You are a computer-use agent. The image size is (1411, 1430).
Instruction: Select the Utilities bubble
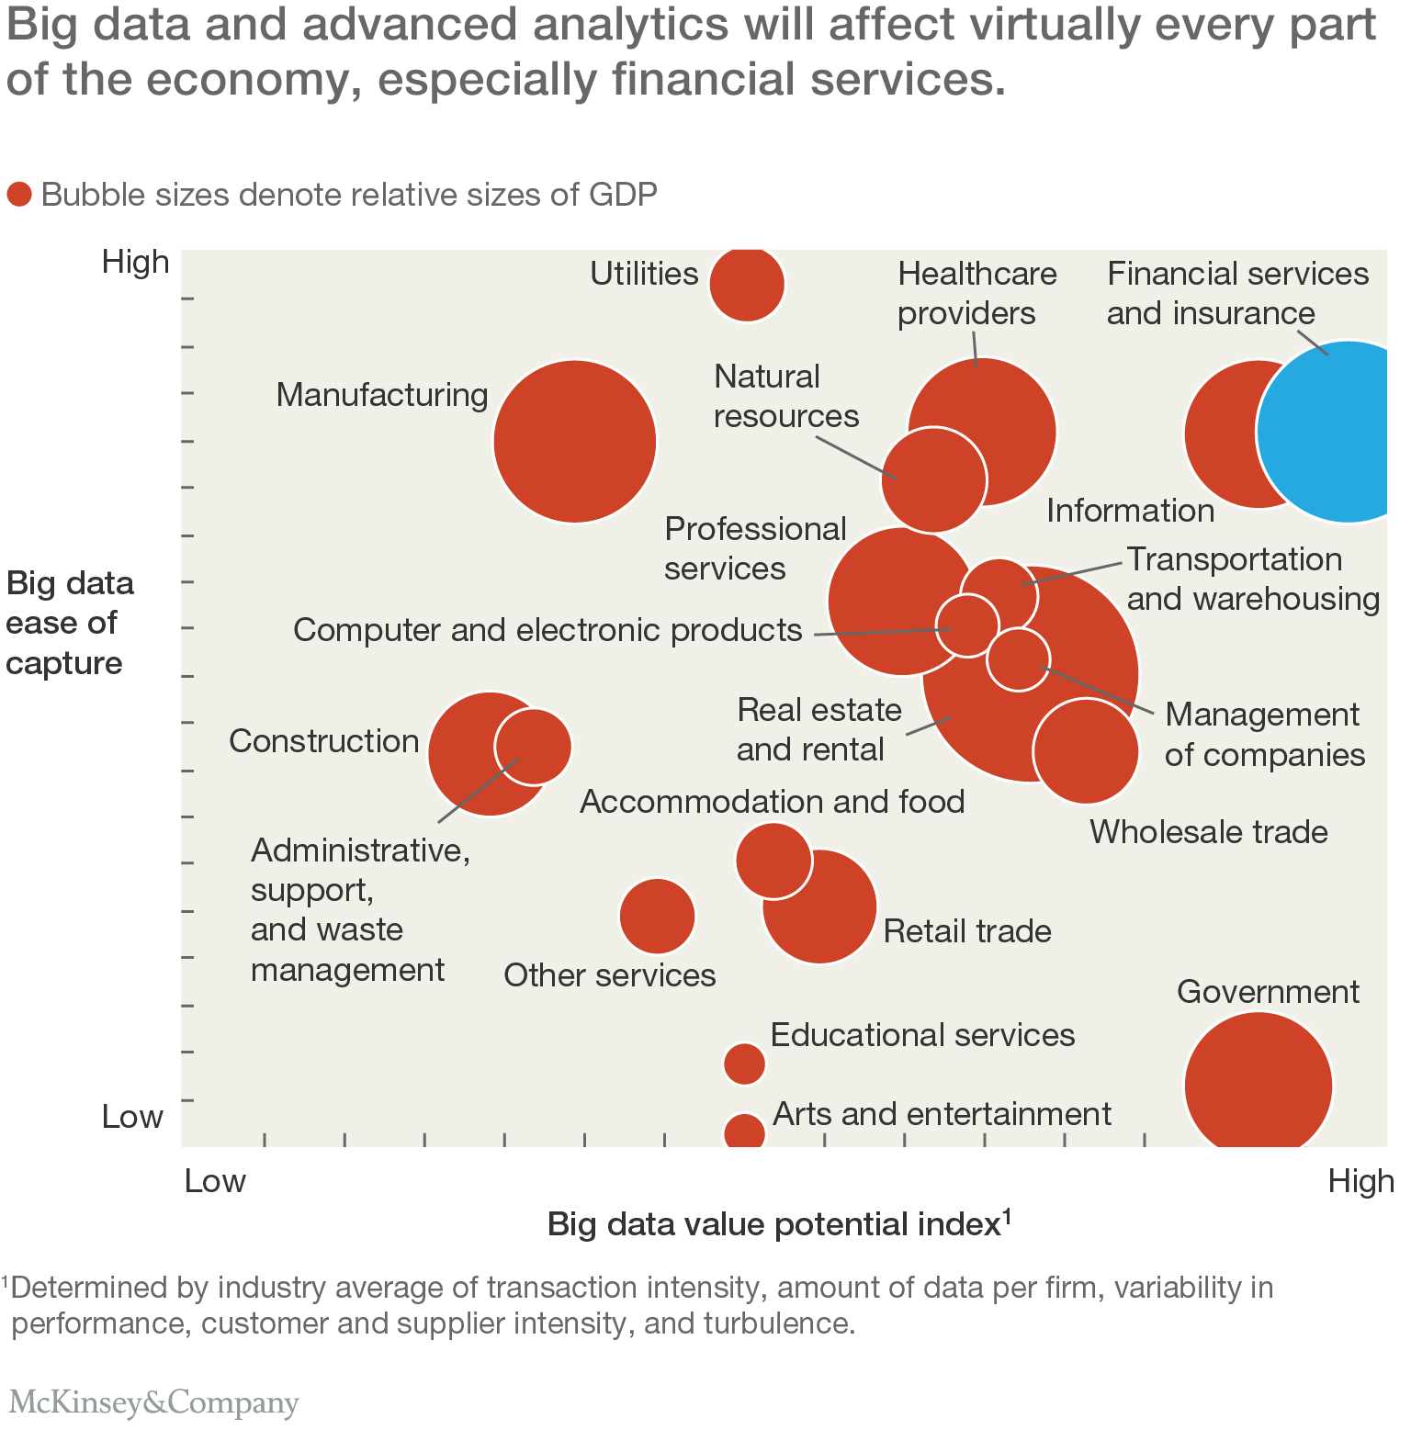tap(747, 284)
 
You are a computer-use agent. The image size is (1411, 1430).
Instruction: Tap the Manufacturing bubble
tap(575, 441)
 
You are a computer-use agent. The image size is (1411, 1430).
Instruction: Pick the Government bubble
tap(1258, 1084)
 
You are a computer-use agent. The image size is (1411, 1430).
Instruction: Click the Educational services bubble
tap(744, 1064)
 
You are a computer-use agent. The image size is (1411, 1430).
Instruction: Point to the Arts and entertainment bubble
tap(744, 1133)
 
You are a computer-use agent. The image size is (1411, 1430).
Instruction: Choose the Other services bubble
tap(657, 916)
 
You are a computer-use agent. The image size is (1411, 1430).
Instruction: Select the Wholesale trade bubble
tap(1086, 750)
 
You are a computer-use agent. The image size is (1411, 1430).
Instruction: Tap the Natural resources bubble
tap(933, 479)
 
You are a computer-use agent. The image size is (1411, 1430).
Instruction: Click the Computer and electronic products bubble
tap(967, 625)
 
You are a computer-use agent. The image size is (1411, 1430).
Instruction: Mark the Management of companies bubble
tap(1018, 659)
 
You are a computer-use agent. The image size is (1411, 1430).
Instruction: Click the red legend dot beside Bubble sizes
tap(19, 195)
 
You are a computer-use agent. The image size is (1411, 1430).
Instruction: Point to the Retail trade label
tap(967, 931)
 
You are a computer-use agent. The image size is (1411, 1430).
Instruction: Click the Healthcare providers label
tap(976, 293)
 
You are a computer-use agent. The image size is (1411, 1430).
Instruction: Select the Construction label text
tap(323, 741)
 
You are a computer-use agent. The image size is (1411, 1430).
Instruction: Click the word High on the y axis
tap(136, 263)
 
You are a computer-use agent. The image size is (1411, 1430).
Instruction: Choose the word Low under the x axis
tap(215, 1181)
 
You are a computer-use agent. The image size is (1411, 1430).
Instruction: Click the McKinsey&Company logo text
tap(153, 1402)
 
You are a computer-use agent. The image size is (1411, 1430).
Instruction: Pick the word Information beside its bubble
tap(1130, 511)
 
